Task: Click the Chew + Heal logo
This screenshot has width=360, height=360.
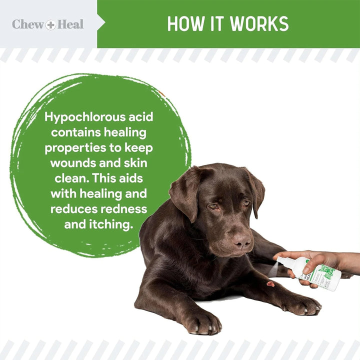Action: tap(48, 24)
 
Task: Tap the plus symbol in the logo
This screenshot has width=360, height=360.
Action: tap(50, 24)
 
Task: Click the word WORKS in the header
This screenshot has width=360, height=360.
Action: tap(257, 23)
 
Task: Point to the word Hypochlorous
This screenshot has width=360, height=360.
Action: tap(83, 117)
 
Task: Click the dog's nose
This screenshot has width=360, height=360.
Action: tap(241, 241)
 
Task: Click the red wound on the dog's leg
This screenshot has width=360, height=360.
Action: tap(270, 284)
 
